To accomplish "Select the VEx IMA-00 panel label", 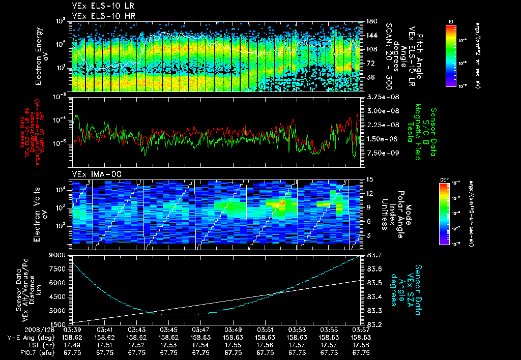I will [92, 174].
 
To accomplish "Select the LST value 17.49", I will [72, 344].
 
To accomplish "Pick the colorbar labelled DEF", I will [451, 214].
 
